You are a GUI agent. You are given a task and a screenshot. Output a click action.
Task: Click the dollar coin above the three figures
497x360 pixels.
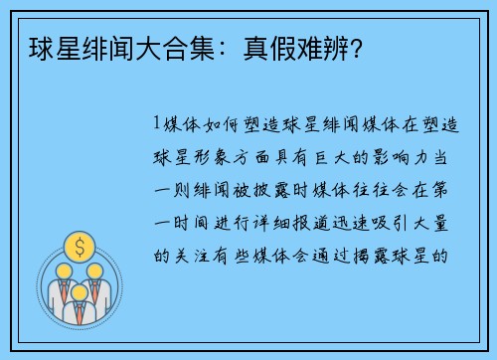(78, 244)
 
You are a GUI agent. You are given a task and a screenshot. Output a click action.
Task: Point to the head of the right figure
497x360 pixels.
(97, 269)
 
